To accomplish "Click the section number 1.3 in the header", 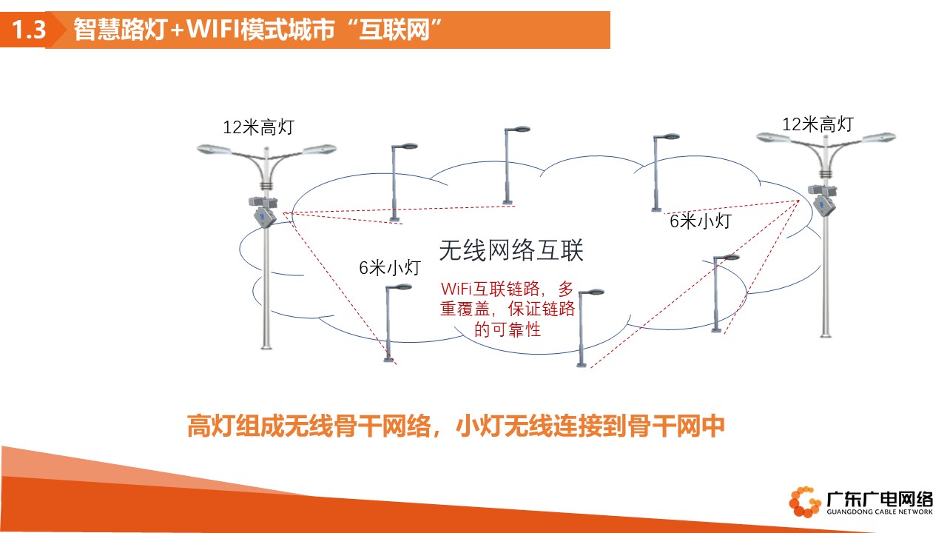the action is pyautogui.click(x=29, y=30).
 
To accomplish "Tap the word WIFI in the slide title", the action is pyautogui.click(x=213, y=29).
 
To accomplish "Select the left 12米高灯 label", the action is pyautogui.click(x=258, y=127).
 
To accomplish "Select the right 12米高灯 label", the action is pyautogui.click(x=818, y=124).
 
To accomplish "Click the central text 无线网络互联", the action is pyautogui.click(x=511, y=250).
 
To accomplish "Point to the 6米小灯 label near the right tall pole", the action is pyautogui.click(x=701, y=221).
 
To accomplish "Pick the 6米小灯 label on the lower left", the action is pyautogui.click(x=390, y=268).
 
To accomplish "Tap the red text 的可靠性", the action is pyautogui.click(x=508, y=329).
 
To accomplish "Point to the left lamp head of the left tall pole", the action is pyautogui.click(x=214, y=150).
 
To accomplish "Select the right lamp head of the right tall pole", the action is pyautogui.click(x=880, y=138).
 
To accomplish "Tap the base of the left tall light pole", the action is pyautogui.click(x=266, y=346).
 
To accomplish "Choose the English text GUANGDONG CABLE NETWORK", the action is pyautogui.click(x=880, y=512).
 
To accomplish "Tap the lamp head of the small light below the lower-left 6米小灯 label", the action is pyautogui.click(x=402, y=287).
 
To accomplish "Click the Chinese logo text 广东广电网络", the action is pyautogui.click(x=880, y=499).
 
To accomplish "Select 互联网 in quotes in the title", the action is pyautogui.click(x=394, y=29).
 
